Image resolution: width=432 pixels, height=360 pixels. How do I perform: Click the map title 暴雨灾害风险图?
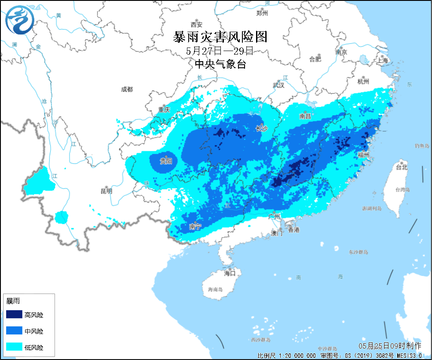pos(220,37)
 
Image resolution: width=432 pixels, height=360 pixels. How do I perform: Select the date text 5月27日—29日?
pos(220,51)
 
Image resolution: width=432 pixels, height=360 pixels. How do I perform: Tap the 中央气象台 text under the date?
pos(220,64)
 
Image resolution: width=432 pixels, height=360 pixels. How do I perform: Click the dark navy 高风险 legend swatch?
pos(14,315)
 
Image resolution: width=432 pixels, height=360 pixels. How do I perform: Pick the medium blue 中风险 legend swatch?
pos(14,331)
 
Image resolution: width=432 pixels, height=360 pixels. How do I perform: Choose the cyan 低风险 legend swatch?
pos(14,347)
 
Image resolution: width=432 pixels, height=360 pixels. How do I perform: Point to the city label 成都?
pos(127,89)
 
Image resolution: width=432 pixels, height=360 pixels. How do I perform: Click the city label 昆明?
pos(106,191)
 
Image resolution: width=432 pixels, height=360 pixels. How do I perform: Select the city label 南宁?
pos(195,227)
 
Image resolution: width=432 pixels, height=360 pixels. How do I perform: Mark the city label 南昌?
pos(305,117)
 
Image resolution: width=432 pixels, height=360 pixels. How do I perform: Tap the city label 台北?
pos(402,167)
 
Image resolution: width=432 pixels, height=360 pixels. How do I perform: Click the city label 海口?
pos(230,273)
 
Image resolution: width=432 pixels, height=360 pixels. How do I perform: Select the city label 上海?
pos(382,60)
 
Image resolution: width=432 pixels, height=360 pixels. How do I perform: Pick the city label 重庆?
pos(164,110)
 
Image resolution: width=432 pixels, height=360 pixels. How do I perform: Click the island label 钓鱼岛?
pos(421,146)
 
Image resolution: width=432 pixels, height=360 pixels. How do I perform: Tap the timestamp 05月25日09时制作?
pos(390,346)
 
